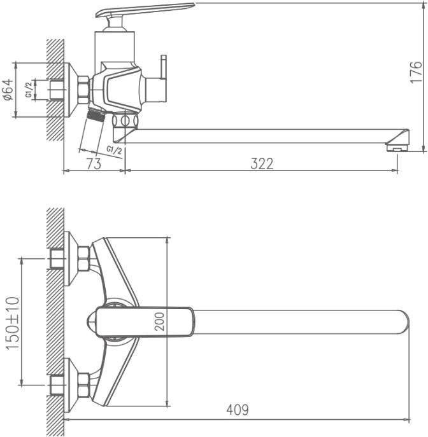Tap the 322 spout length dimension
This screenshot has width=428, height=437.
point(262,163)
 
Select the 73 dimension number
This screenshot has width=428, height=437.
point(94,163)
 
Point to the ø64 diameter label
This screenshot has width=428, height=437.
point(8,90)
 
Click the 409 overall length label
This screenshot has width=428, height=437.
point(238,410)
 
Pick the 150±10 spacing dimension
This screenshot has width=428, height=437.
point(13,323)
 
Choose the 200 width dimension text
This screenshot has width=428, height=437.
point(159,322)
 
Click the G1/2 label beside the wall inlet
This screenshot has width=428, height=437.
point(29,90)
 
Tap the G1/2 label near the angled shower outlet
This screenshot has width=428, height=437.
point(114,150)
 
